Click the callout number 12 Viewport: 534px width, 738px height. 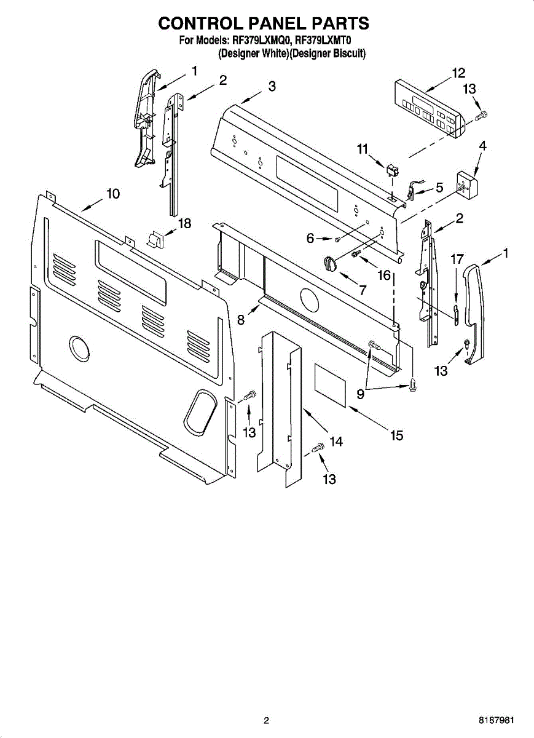point(458,73)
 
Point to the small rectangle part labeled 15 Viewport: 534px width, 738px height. point(332,384)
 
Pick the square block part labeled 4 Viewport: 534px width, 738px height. point(468,183)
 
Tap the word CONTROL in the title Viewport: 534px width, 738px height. point(201,23)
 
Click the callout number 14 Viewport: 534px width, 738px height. point(336,441)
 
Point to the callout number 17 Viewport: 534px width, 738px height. point(455,260)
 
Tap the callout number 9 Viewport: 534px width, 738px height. point(359,394)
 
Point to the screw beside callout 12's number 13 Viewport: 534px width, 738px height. point(482,114)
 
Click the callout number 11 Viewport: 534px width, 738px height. point(362,148)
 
